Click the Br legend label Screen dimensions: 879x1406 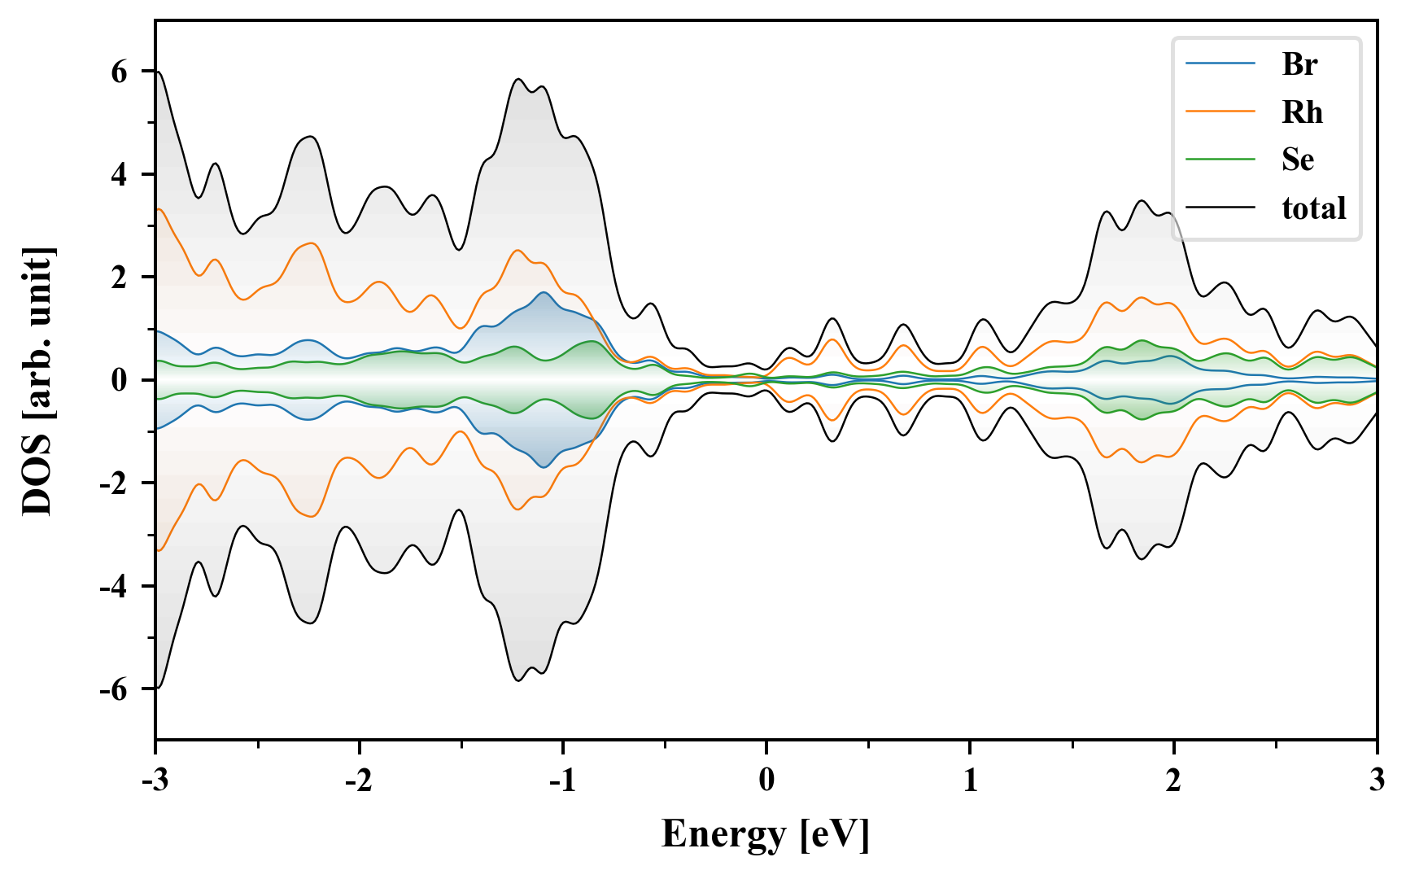point(1299,64)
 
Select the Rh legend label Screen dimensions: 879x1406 point(1302,112)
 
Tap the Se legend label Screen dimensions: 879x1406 point(1298,160)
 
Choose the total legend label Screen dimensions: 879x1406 point(1314,208)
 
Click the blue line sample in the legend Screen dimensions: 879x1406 point(1220,64)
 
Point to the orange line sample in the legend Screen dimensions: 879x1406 point(1220,112)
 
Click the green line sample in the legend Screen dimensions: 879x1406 point(1220,160)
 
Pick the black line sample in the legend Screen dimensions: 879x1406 point(1220,208)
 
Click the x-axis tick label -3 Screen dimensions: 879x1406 point(155,781)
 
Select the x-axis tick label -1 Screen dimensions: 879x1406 point(562,781)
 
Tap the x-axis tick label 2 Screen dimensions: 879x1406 point(1173,781)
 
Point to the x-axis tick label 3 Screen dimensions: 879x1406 point(1377,781)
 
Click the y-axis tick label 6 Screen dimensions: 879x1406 point(120,72)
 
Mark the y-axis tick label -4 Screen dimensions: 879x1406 point(114,586)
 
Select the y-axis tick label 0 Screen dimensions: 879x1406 point(120,380)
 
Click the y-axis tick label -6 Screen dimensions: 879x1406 point(114,689)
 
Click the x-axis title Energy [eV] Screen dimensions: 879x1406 point(766,834)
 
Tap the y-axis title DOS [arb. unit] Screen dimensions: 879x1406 point(37,380)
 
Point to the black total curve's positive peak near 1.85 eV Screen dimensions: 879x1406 point(1142,200)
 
